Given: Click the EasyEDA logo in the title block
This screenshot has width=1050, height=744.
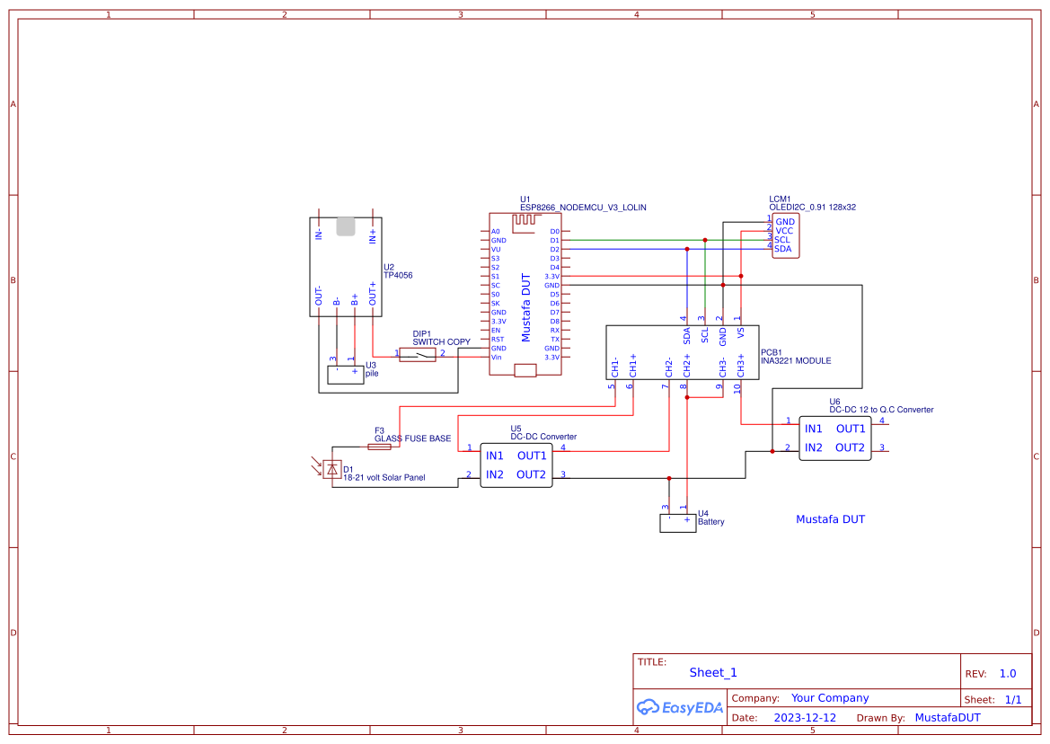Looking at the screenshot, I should click(x=680, y=707).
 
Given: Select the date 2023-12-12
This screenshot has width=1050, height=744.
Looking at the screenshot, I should click(x=805, y=718).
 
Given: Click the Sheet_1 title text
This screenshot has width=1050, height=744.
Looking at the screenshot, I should click(x=713, y=672).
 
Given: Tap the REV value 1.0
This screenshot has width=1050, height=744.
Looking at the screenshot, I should click(x=1007, y=674).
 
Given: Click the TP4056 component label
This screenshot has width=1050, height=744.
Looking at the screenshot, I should click(x=398, y=276).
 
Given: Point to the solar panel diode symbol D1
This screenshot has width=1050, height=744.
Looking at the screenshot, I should click(x=333, y=468).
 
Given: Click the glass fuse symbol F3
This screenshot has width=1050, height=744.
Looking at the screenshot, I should click(x=379, y=446).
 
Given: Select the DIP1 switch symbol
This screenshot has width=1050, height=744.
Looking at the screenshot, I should click(x=417, y=355).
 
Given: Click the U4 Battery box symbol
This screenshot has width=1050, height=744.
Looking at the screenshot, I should click(x=677, y=522).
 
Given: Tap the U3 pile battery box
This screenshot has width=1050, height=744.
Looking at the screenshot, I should click(x=345, y=375).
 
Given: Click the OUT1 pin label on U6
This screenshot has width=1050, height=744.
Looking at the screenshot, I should click(x=850, y=429).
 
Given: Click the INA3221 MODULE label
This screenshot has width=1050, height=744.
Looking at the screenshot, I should click(x=795, y=361).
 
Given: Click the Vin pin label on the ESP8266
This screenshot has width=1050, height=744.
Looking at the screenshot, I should click(x=496, y=358).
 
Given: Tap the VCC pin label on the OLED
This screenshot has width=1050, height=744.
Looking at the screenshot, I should click(x=784, y=231).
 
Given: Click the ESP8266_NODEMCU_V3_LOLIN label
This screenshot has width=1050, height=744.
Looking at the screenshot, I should click(x=582, y=208).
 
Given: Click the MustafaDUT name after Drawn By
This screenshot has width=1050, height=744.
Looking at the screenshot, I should click(x=948, y=718).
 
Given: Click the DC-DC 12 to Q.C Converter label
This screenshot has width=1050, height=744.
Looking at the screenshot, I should click(x=880, y=410).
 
